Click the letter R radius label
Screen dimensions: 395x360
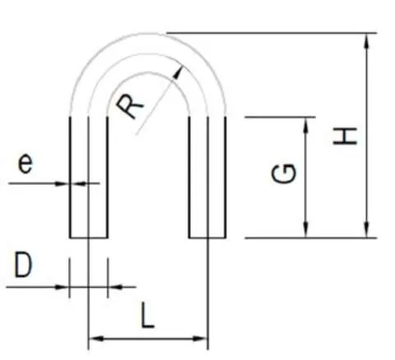click(x=129, y=106)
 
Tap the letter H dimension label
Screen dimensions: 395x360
click(x=345, y=136)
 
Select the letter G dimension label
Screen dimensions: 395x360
click(x=284, y=173)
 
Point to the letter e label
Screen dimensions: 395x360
click(x=25, y=164)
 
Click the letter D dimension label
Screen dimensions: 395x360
click(x=23, y=265)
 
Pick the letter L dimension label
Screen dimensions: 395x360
click(x=147, y=315)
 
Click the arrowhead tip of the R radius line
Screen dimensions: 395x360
click(x=182, y=67)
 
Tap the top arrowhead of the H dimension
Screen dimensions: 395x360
click(x=366, y=34)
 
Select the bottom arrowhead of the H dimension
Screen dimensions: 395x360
click(x=366, y=238)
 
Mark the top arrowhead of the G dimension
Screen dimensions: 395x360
click(x=306, y=118)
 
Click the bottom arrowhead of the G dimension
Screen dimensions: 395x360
click(x=306, y=238)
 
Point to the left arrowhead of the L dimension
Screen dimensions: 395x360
click(x=89, y=339)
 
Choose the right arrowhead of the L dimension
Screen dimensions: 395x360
click(x=207, y=339)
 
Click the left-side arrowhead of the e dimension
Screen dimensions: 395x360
click(x=69, y=183)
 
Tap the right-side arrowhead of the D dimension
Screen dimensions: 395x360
click(x=109, y=287)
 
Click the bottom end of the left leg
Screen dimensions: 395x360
click(x=88, y=238)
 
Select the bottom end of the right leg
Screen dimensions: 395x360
click(x=207, y=238)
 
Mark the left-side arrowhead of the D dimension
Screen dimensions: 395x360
click(x=69, y=287)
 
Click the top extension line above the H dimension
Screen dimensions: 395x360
click(x=272, y=33)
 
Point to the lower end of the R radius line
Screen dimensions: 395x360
click(x=137, y=135)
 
